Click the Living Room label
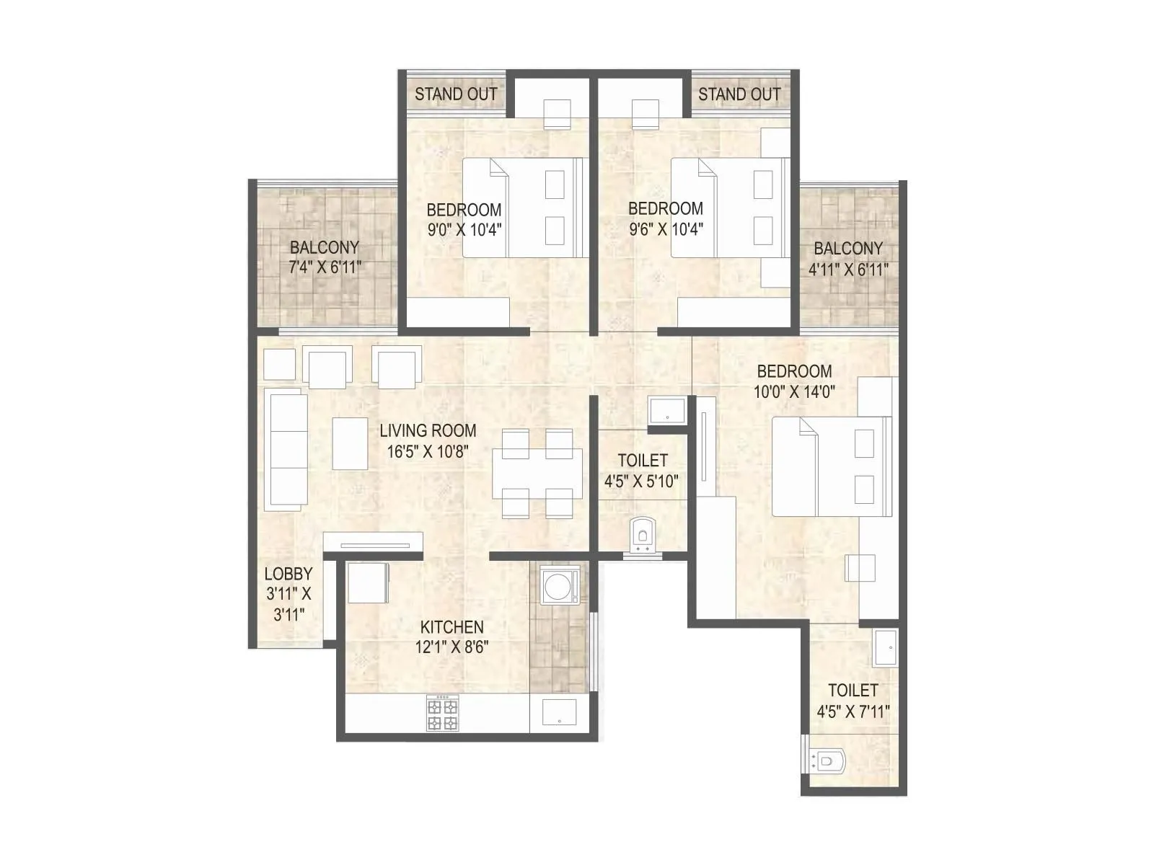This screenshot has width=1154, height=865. [x=428, y=431]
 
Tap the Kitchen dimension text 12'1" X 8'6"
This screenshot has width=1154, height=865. [x=452, y=647]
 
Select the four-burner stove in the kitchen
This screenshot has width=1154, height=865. [x=442, y=714]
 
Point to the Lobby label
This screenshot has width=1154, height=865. [x=288, y=575]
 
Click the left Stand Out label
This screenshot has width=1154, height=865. [x=455, y=94]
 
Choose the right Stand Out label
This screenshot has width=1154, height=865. [x=739, y=94]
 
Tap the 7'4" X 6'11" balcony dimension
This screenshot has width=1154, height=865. [x=325, y=267]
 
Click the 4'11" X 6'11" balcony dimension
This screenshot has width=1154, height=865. [x=849, y=270]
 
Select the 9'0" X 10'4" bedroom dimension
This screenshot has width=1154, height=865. [x=464, y=230]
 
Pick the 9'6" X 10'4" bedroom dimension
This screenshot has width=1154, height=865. [x=666, y=229]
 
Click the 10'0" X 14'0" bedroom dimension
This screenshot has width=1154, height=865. [x=794, y=392]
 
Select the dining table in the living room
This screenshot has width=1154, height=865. [x=537, y=474]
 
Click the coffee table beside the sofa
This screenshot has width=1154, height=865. [x=350, y=444]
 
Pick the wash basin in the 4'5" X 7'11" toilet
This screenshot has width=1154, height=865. [x=884, y=648]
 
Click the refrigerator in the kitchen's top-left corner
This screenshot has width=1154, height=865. [x=368, y=583]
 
